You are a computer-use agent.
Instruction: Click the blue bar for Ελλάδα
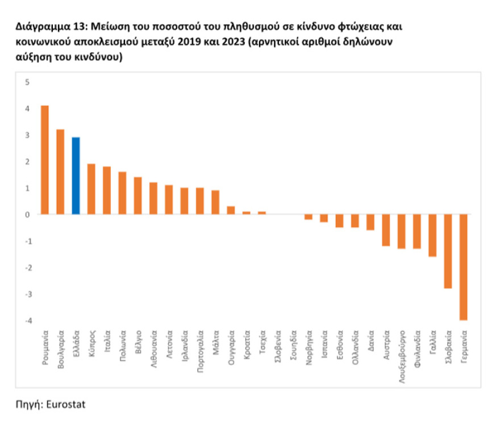[76, 176]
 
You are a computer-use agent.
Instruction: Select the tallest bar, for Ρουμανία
[45, 160]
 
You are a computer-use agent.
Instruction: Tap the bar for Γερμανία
[464, 267]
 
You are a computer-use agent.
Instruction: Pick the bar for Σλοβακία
[448, 251]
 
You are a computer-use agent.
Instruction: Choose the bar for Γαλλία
[433, 235]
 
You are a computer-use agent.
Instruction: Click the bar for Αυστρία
[386, 230]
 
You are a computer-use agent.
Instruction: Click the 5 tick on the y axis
[26, 82]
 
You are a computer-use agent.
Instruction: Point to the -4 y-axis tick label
[25, 321]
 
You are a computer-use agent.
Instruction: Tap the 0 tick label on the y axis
[26, 215]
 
